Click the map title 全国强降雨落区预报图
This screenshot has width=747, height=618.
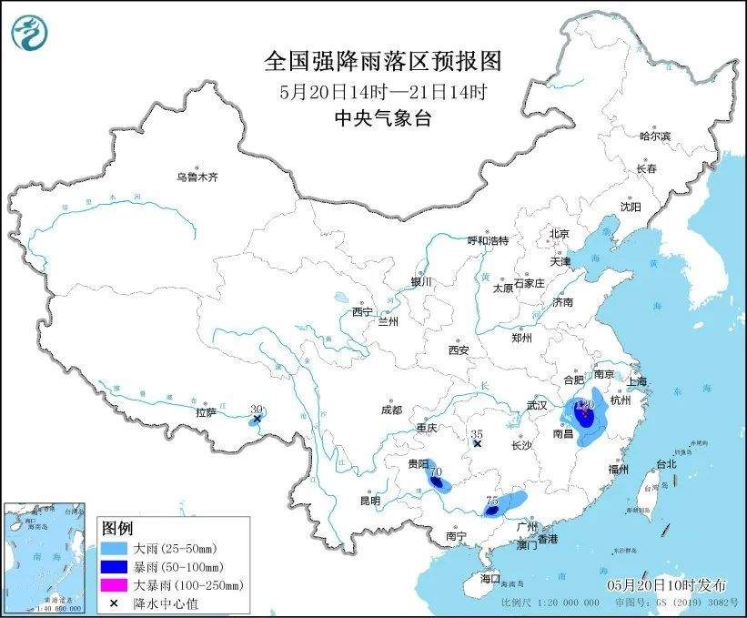(x=382, y=61)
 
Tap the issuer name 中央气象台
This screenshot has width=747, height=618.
(x=382, y=117)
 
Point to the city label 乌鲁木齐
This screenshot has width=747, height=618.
(x=197, y=177)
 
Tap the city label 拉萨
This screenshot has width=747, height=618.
(x=206, y=412)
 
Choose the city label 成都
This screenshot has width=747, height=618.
(x=392, y=410)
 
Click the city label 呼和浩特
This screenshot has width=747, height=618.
(x=488, y=240)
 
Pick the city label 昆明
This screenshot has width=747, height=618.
(x=369, y=501)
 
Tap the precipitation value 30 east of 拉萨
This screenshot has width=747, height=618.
(x=257, y=410)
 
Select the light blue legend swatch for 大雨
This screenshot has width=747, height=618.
(x=114, y=550)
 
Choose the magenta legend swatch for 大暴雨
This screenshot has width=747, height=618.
(x=114, y=584)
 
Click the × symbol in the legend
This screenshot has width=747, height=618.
(x=114, y=602)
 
